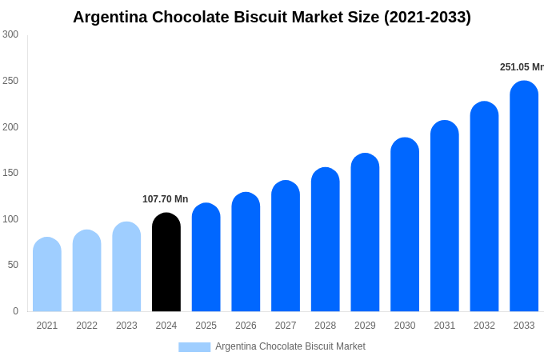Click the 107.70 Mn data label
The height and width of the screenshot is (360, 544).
tap(165, 199)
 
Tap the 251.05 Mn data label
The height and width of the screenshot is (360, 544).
tap(522, 67)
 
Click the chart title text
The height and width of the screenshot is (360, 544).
tap(272, 17)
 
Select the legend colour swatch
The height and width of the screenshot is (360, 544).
tap(194, 347)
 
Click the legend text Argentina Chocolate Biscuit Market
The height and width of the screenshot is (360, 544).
tap(290, 346)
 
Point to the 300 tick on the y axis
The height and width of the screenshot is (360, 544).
tap(10, 34)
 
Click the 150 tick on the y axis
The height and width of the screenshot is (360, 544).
tap(10, 173)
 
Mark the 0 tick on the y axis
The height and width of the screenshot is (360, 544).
tap(15, 311)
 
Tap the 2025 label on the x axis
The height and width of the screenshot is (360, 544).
tap(206, 326)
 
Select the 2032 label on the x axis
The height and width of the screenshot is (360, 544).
tap(484, 326)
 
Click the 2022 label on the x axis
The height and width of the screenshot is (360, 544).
tap(86, 326)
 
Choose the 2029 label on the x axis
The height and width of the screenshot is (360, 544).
tap(365, 326)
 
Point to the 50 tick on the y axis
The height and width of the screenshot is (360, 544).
tap(13, 265)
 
